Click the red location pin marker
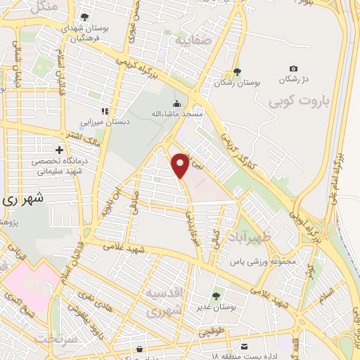pyautogui.click(x=181, y=165)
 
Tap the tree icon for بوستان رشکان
pyautogui.click(x=237, y=72)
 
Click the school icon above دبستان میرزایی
pyautogui.click(x=105, y=110)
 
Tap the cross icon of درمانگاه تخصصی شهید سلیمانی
pyautogui.click(x=59, y=149)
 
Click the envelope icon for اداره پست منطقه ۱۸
pyautogui.click(x=243, y=347)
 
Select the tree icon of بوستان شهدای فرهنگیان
pyautogui.click(x=84, y=17)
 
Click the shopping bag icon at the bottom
pyautogui.click(x=141, y=349)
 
